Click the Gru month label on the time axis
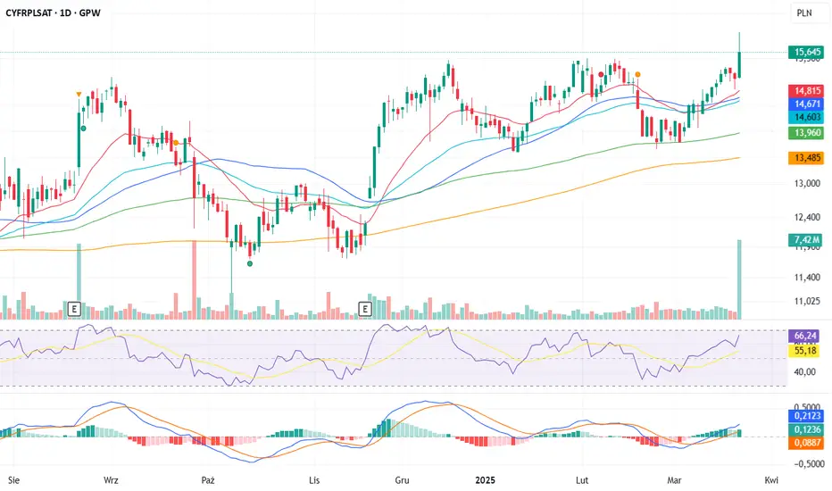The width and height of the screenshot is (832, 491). coord(403,479)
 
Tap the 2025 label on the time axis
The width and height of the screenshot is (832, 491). coord(487,479)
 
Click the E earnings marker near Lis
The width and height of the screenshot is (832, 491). coord(364,309)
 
